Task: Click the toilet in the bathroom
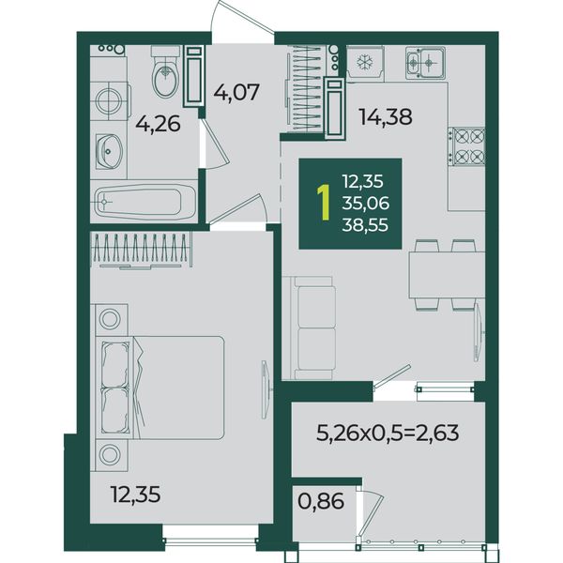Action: click(x=165, y=71)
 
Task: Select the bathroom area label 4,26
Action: click(x=158, y=125)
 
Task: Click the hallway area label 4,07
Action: click(x=236, y=92)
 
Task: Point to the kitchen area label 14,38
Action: click(x=386, y=117)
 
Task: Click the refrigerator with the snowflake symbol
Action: click(x=365, y=63)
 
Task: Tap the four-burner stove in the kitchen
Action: click(x=466, y=146)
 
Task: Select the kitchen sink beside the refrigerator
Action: click(x=425, y=63)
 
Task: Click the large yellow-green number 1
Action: click(x=324, y=203)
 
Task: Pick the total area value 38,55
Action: click(x=365, y=225)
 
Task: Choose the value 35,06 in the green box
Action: click(x=366, y=204)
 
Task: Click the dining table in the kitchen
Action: click(x=447, y=275)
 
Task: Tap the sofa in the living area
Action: click(x=309, y=327)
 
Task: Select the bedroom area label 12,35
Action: click(x=136, y=495)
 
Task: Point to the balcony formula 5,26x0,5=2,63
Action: click(x=388, y=433)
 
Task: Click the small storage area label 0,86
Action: click(x=321, y=501)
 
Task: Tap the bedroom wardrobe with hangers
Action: click(x=141, y=250)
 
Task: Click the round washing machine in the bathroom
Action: click(x=109, y=101)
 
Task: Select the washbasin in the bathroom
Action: click(x=109, y=151)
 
